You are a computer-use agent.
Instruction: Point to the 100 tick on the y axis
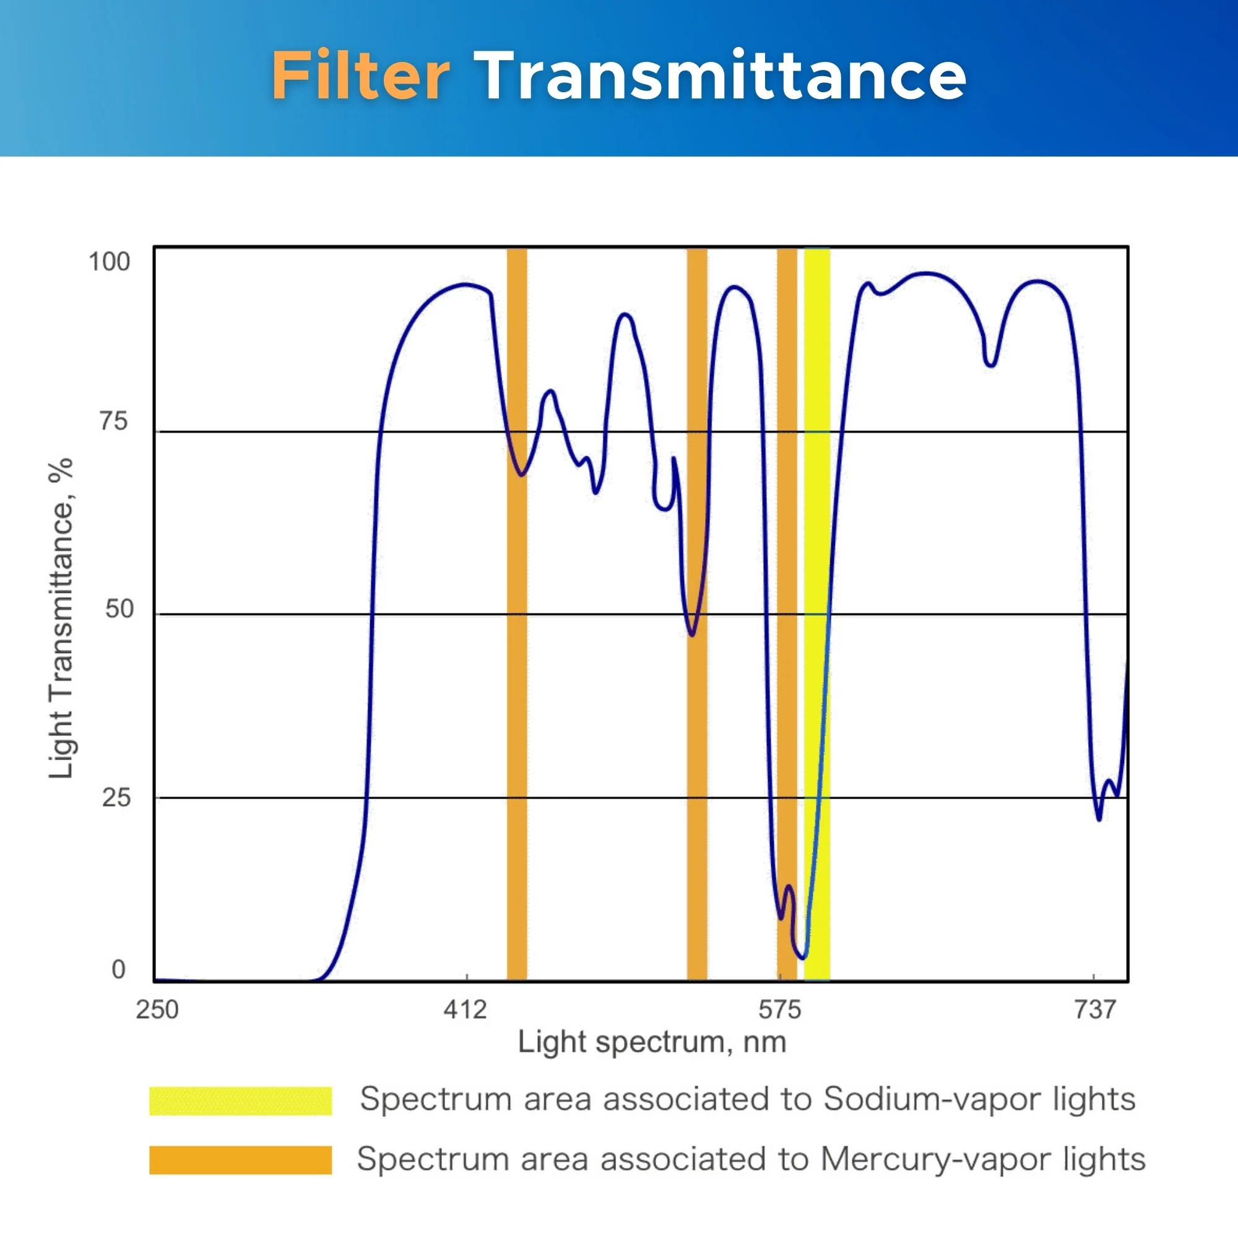coord(109,261)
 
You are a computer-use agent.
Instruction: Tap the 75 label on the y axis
coord(113,422)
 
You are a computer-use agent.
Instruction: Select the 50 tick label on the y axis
coord(119,608)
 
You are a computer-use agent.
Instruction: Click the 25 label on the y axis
coord(116,798)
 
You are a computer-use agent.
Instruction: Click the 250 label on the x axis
coord(157,1009)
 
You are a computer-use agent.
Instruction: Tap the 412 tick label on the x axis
coord(465,1009)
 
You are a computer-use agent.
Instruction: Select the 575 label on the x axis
coord(779,1009)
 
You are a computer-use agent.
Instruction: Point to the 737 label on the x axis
coord(1095,1009)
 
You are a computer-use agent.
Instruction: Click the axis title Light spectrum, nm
coord(652,1042)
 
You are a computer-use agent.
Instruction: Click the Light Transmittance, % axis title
coord(61,618)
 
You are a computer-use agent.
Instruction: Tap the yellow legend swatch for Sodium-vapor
coord(240,1101)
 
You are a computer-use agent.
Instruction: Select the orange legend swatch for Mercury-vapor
coord(240,1160)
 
